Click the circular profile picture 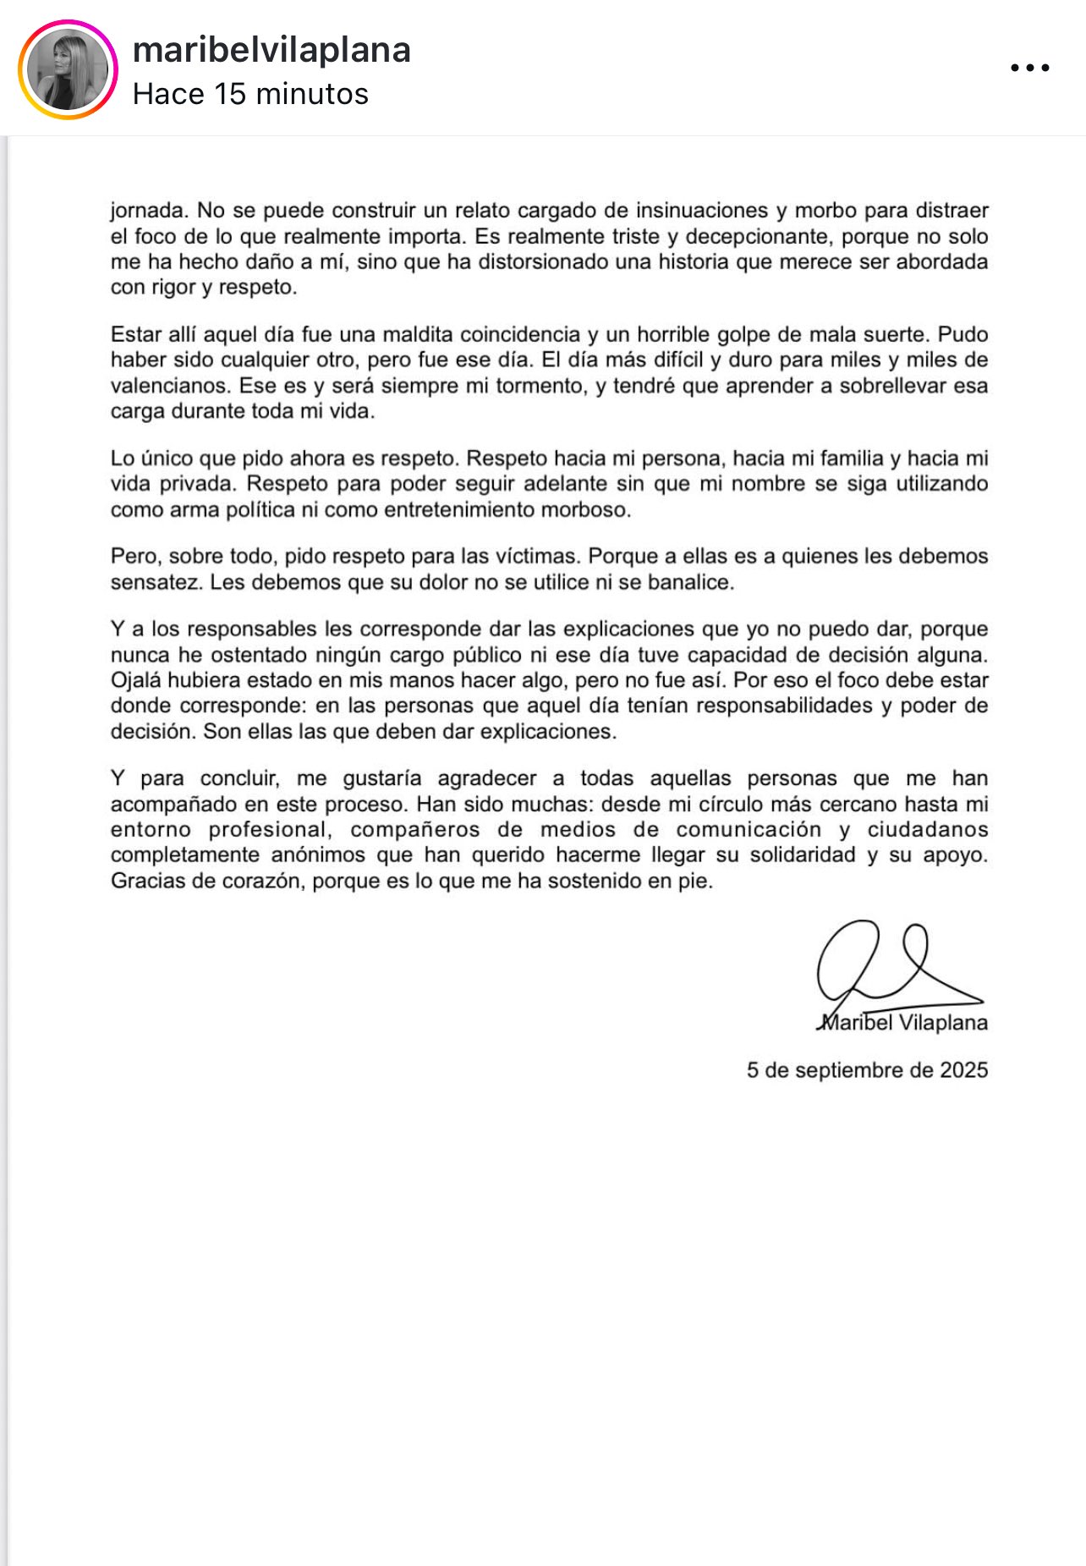(68, 70)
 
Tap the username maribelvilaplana (271, 50)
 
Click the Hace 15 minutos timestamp (250, 94)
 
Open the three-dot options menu (1029, 68)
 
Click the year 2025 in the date (963, 1070)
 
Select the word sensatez (156, 582)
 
